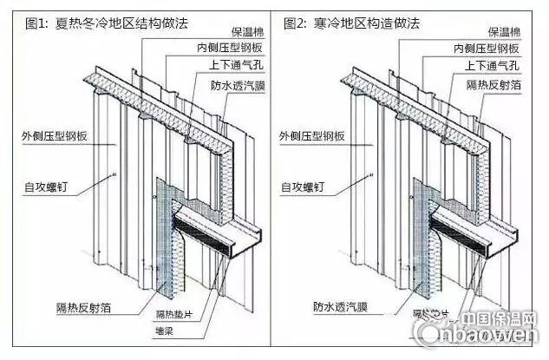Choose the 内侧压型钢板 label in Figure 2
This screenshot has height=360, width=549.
pyautogui.click(x=491, y=49)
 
